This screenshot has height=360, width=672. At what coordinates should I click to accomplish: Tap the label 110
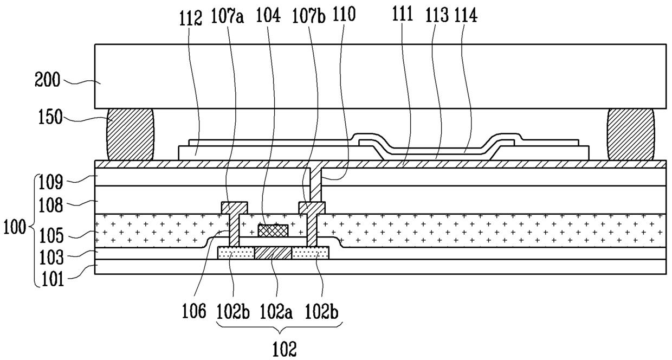coord(345,16)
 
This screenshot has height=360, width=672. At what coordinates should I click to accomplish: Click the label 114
coord(466,17)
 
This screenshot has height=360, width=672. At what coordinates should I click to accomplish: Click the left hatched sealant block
coord(130,134)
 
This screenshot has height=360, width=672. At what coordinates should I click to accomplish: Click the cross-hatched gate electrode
coord(273,230)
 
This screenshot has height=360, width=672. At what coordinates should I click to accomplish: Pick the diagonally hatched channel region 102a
coord(273,253)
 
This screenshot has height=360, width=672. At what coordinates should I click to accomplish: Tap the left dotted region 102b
coord(236,253)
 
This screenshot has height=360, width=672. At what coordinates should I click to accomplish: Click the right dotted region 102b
coord(310,253)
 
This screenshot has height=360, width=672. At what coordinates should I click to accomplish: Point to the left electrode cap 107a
coord(234,208)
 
